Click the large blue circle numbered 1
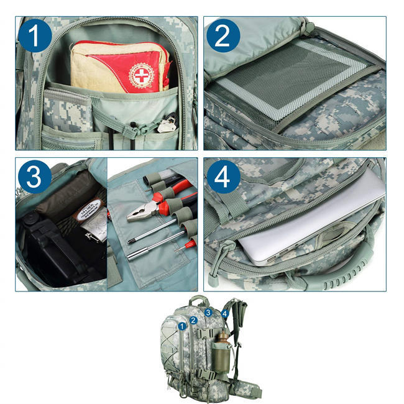point(35,36)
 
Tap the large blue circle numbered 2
point(223,36)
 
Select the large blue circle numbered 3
point(35,177)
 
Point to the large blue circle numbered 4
point(223,178)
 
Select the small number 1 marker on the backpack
point(182,324)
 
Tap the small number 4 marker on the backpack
point(224,314)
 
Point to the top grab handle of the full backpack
point(200,301)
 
